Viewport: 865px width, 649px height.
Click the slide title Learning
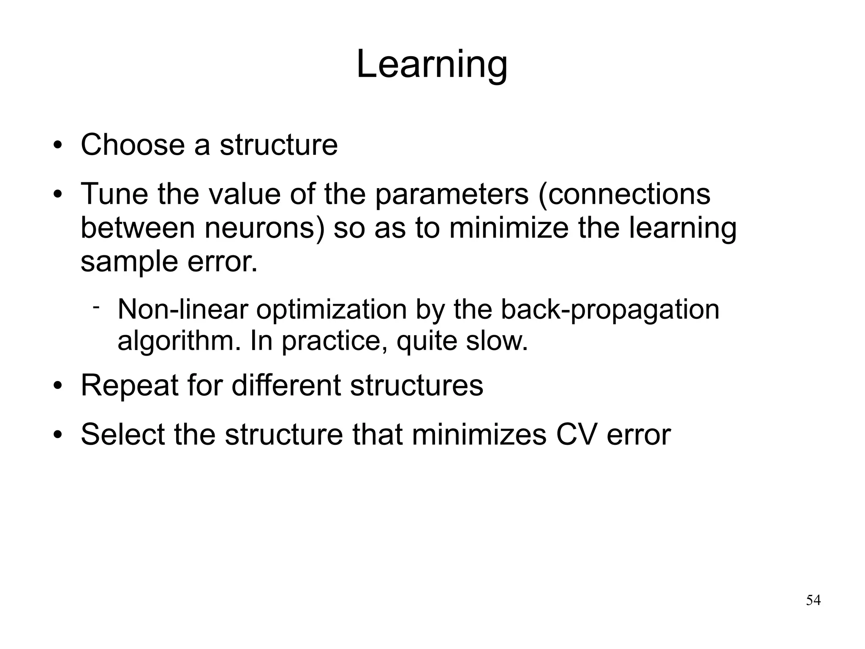(x=432, y=65)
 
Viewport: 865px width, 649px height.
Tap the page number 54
(x=813, y=600)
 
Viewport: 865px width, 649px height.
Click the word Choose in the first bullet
(x=133, y=145)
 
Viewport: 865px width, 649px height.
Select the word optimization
(x=331, y=310)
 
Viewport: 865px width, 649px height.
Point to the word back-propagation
(x=609, y=310)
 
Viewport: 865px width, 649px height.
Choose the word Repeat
(x=129, y=386)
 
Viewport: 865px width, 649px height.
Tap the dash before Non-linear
(x=96, y=306)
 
